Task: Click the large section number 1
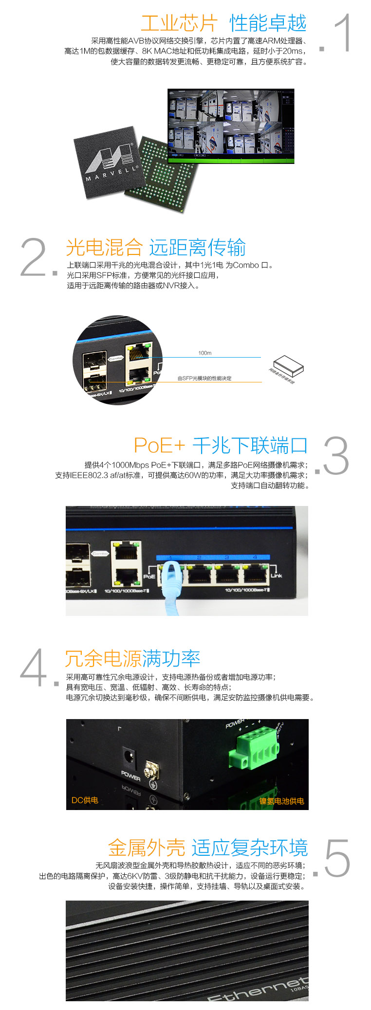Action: pos(343,33)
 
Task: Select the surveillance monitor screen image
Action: pos(231,126)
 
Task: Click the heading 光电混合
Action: pos(104,248)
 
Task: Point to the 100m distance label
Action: pos(204,353)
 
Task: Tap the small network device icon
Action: pos(288,365)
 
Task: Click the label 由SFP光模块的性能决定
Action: pos(204,378)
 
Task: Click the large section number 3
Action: pos(336,456)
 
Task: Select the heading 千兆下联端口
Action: pos(250,445)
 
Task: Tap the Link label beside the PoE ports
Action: pos(277,576)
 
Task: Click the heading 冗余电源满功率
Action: pos(132,659)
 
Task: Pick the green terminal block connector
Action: pos(253,747)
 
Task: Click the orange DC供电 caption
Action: pos(85,800)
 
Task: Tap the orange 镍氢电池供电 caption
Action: pos(281,801)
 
